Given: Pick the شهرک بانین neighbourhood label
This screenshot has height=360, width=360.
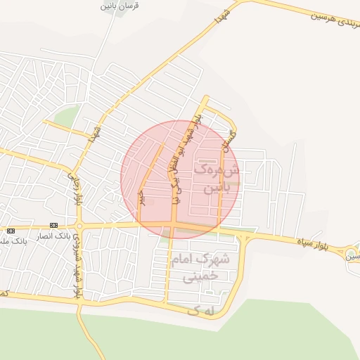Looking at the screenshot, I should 219,179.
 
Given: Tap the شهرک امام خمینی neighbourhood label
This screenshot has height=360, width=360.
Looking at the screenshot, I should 199,267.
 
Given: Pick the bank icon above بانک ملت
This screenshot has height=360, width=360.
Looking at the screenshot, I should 10,231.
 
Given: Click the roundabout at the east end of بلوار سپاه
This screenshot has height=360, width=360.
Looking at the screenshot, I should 352,252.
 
